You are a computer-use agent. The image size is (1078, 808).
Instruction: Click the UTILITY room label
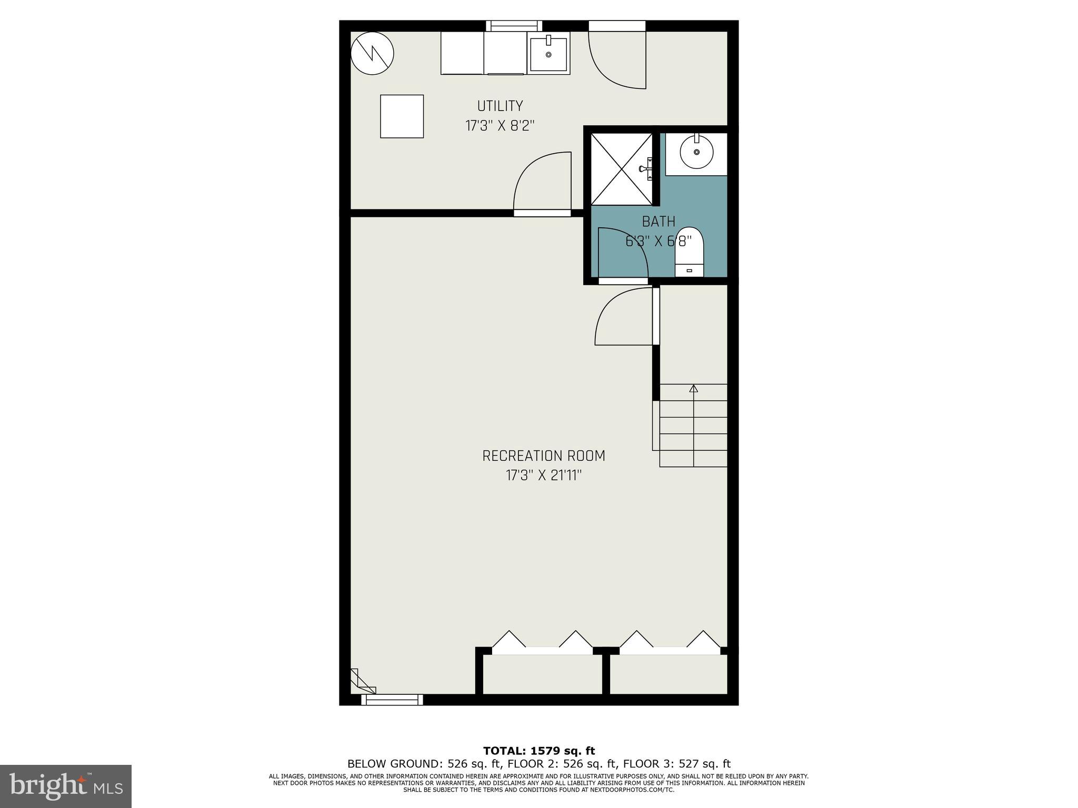coord(500,106)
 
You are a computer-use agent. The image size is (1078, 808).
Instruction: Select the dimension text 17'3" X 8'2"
coord(500,126)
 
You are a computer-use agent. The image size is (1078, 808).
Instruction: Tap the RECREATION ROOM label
coord(544,456)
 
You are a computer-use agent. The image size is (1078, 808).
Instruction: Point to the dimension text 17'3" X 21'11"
coord(544,476)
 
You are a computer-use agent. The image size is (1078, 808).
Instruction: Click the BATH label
coord(658,221)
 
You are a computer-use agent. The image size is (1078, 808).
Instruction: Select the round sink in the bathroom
coord(696,152)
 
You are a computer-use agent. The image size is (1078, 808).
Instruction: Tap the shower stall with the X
coord(621,168)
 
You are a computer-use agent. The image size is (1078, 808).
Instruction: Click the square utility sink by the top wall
coord(548,53)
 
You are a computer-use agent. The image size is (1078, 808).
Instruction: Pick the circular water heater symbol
coord(372,53)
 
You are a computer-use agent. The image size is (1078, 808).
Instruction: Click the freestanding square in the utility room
coord(402,116)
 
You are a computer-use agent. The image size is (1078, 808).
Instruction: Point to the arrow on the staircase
coord(693,389)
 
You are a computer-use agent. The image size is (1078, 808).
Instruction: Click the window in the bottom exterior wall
coord(392,700)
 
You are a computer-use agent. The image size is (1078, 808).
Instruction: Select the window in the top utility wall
coord(514,25)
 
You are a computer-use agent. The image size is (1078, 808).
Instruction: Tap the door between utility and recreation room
coord(542,184)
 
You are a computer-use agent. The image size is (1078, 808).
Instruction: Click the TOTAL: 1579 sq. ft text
coord(538,751)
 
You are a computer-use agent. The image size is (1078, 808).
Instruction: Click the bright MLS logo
coord(66,786)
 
